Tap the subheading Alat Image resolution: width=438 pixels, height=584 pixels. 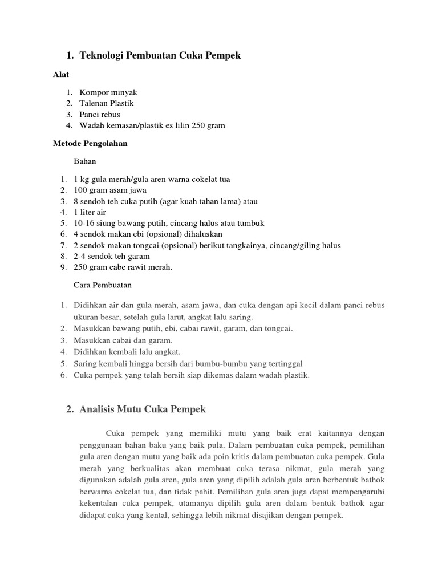(x=61, y=74)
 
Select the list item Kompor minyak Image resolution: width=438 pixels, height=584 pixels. (x=108, y=92)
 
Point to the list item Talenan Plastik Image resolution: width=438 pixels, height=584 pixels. (x=107, y=103)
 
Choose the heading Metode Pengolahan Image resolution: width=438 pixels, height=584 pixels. (x=90, y=143)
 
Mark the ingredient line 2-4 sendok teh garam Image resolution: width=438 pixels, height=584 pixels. (x=112, y=256)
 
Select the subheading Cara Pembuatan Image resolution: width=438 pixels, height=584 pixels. (x=103, y=285)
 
